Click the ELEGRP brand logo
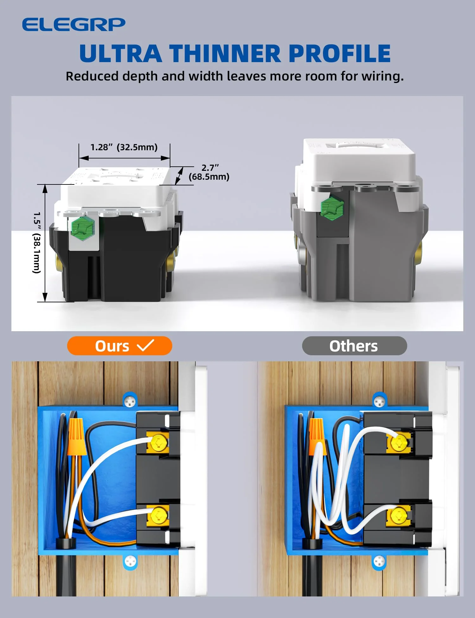click(x=73, y=25)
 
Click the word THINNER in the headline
click(x=225, y=53)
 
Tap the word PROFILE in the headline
click(x=339, y=53)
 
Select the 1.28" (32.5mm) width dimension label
click(x=124, y=147)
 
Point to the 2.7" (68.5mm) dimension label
click(x=209, y=172)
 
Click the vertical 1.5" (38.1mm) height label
click(x=37, y=242)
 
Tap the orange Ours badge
click(x=119, y=346)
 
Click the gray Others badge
click(x=354, y=346)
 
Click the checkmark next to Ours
click(x=145, y=345)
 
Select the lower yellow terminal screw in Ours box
click(x=158, y=515)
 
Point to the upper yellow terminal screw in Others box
click(x=398, y=442)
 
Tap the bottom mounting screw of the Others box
click(x=379, y=562)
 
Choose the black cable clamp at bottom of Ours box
click(x=66, y=543)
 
